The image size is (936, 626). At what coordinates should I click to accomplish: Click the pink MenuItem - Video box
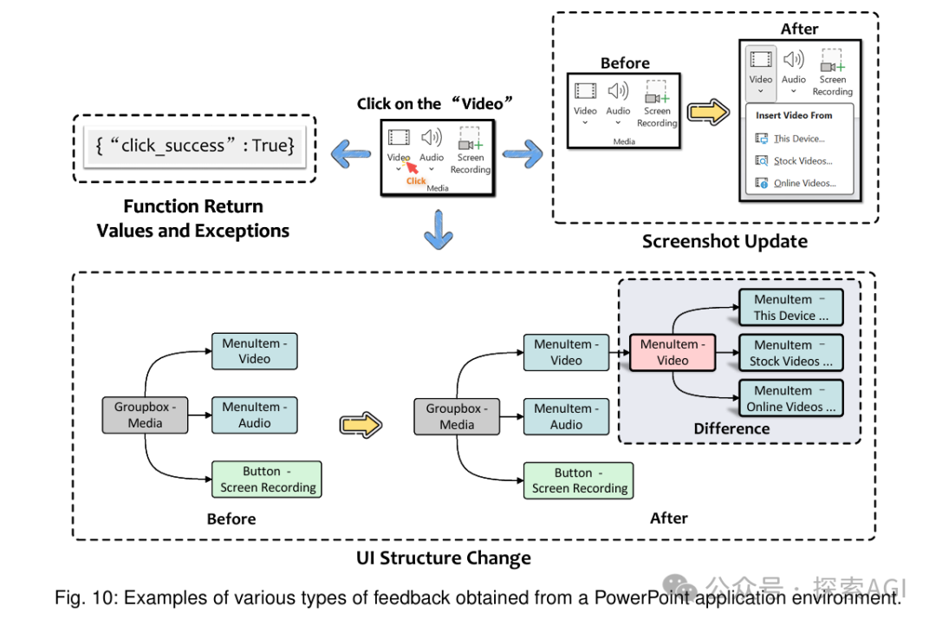pyautogui.click(x=673, y=352)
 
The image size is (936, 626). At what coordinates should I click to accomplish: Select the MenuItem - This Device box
pyautogui.click(x=790, y=308)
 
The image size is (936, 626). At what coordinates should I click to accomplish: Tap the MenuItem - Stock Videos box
pyautogui.click(x=790, y=353)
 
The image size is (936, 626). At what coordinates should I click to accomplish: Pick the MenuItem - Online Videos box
pyautogui.click(x=790, y=399)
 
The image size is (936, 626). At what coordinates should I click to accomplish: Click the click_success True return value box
pyautogui.click(x=195, y=146)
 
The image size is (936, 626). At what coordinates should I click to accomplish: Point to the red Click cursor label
pyautogui.click(x=416, y=180)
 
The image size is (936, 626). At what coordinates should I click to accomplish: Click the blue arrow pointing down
pyautogui.click(x=438, y=232)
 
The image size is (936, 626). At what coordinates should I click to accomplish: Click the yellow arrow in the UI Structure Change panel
pyautogui.click(x=361, y=424)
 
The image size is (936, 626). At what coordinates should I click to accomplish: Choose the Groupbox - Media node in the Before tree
pyautogui.click(x=145, y=415)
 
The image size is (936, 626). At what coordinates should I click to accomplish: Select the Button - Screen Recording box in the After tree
pyautogui.click(x=579, y=480)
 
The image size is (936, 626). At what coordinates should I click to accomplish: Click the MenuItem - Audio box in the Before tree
pyautogui.click(x=254, y=414)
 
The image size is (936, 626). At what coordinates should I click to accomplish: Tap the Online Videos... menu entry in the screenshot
pyautogui.click(x=804, y=183)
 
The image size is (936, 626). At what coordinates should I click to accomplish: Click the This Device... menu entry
pyautogui.click(x=799, y=138)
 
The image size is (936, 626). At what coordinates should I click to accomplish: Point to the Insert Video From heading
pyautogui.click(x=793, y=114)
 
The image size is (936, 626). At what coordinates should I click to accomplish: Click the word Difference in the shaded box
pyautogui.click(x=731, y=428)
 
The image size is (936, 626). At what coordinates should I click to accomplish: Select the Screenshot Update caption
pyautogui.click(x=725, y=241)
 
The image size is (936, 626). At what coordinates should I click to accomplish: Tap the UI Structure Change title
pyautogui.click(x=444, y=558)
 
